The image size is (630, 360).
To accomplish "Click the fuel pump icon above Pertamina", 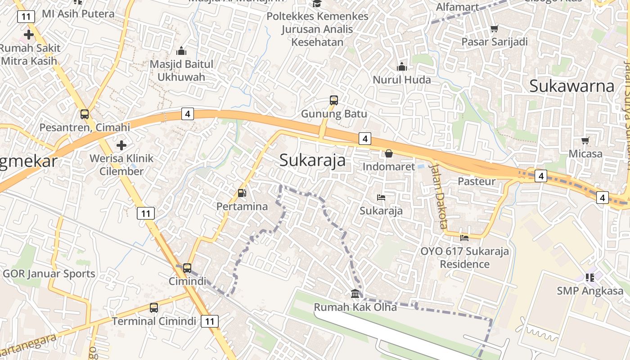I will click(x=242, y=193).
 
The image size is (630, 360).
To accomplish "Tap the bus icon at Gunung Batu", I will click(x=333, y=100).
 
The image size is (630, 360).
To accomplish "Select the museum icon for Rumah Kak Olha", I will click(x=355, y=294).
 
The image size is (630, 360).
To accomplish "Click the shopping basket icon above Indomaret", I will click(x=389, y=153).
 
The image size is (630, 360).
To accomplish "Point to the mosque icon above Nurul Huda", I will click(x=402, y=67).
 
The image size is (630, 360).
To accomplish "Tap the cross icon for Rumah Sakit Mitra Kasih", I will click(x=29, y=34).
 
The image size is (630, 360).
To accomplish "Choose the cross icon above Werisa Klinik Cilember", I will click(x=121, y=145).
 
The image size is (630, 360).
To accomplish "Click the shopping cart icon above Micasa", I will click(x=585, y=141).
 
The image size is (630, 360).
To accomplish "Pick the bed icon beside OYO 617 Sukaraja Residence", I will click(x=464, y=237).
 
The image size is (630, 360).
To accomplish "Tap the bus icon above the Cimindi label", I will click(x=187, y=268).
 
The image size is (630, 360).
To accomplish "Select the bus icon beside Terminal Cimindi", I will click(x=154, y=308).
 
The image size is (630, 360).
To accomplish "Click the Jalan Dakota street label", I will click(x=438, y=196).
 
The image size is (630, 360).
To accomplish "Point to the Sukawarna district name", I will click(x=571, y=85).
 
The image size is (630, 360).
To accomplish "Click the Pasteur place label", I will click(x=477, y=181).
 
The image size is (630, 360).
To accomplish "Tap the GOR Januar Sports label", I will click(x=49, y=274).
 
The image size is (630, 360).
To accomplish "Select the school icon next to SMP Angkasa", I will click(x=590, y=277).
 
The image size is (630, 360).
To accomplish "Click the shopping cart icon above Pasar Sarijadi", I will click(x=495, y=29).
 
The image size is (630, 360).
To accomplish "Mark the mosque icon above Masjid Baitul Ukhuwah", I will click(x=181, y=50).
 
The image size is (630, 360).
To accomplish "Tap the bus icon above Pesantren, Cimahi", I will click(x=85, y=114).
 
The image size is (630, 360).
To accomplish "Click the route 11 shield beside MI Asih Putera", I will click(x=26, y=17).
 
